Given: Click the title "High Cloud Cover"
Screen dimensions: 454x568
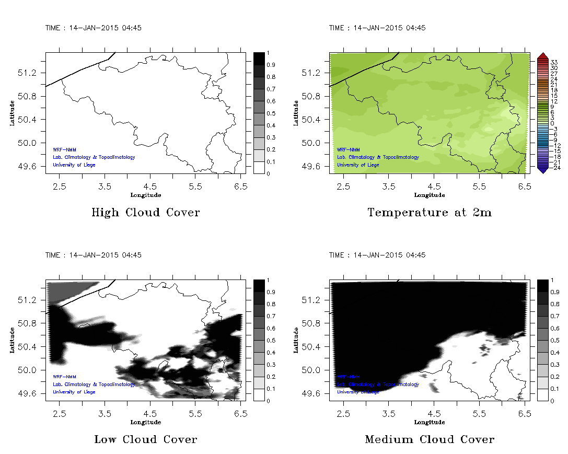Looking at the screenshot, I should point(145,213).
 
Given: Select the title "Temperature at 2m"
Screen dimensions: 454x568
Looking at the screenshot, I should point(430,213).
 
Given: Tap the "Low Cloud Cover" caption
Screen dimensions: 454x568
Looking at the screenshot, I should point(146,440).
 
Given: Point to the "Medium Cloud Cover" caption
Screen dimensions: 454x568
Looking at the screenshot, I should point(430,440).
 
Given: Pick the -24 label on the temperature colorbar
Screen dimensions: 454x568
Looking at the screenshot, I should point(554,168).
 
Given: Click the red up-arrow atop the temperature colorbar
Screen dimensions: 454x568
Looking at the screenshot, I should point(542,55).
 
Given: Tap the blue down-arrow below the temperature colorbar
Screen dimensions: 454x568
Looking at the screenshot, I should point(542,169).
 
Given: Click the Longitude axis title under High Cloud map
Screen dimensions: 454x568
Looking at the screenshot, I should point(145,195).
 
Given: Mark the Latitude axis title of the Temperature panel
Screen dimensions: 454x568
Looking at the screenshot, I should point(296,113).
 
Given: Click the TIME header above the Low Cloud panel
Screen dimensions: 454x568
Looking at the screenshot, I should point(93,255).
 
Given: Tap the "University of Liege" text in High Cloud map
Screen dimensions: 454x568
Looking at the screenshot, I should point(74,165).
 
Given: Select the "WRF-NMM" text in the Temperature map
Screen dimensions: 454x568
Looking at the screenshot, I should point(348,149).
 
